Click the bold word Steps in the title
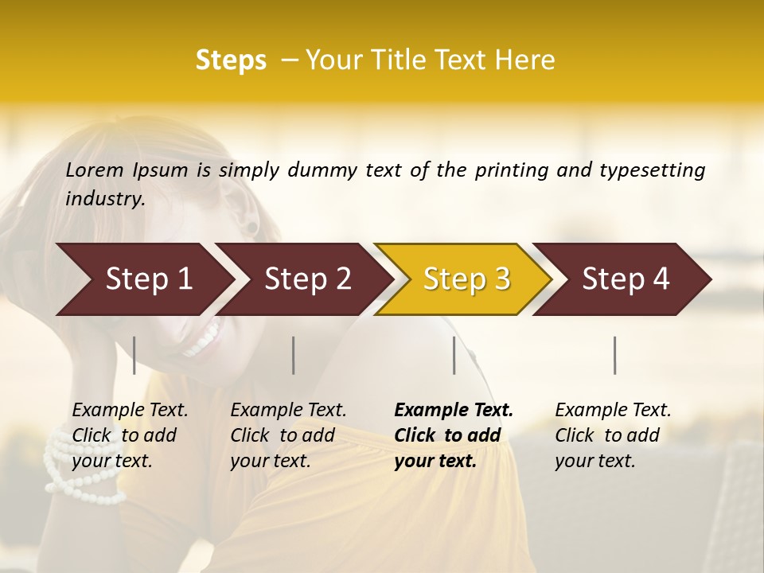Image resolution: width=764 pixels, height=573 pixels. coord(231,60)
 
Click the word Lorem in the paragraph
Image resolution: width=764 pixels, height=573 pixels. coord(95,170)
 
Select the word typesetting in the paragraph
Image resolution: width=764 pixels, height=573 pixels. coord(653,170)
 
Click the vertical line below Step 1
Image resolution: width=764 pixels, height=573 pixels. coord(134,355)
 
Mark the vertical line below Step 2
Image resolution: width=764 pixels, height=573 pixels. coord(294,355)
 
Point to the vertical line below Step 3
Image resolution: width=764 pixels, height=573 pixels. coord(454,355)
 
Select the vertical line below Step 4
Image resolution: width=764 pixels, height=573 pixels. coord(615,355)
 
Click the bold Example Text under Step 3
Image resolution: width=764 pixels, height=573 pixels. coord(454,435)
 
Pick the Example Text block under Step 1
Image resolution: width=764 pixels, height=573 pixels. coord(130,435)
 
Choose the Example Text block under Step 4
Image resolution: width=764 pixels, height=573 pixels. coord(613,435)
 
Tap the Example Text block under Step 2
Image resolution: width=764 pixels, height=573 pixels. coord(288,435)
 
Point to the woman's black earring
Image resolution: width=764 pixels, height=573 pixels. coord(252,228)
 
